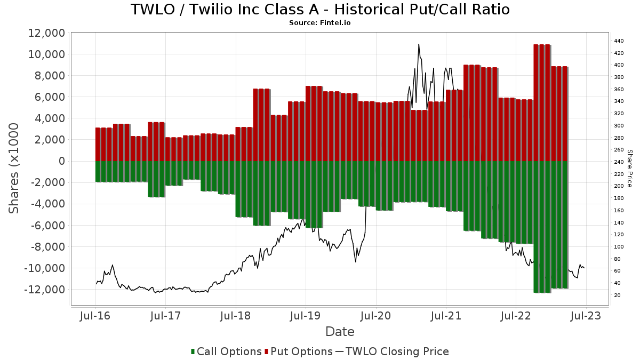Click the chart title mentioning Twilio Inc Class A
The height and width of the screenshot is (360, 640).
tap(320, 10)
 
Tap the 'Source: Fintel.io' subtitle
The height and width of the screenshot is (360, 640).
tap(320, 23)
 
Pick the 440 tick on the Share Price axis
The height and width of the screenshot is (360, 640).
tap(619, 41)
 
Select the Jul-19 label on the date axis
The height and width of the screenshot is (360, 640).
tap(306, 316)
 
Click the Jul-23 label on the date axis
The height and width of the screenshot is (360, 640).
tap(586, 316)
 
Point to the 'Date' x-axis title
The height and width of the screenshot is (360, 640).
tap(340, 332)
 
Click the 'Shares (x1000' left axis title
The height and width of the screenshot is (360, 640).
tap(14, 168)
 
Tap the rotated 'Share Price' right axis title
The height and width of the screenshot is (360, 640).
tap(630, 168)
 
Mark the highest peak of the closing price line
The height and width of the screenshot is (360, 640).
tap(419, 44)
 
